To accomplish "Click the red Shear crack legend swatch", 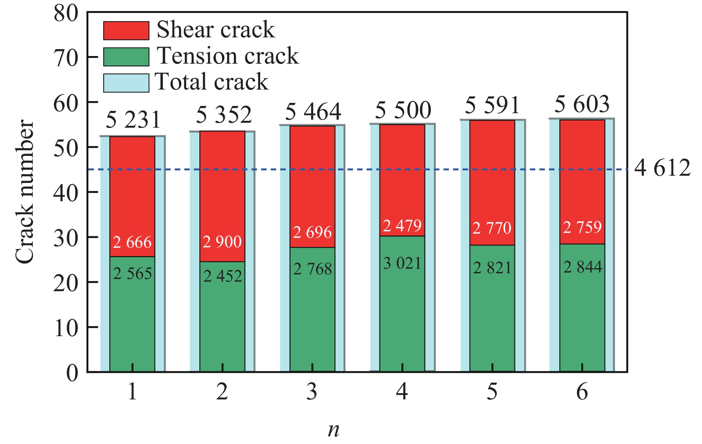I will [126, 30].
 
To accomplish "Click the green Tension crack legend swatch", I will [126, 57].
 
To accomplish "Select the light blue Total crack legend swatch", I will [126, 83].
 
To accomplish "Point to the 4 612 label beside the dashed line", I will [662, 168].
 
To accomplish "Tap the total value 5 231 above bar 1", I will [133, 120].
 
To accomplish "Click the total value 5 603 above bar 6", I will [582, 104].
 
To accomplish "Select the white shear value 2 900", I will [222, 242].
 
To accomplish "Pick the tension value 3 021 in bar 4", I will [402, 263].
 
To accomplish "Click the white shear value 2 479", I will [402, 226].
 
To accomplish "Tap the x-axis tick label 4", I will [402, 392].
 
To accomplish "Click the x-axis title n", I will [333, 430].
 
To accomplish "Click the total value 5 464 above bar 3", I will [313, 112].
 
